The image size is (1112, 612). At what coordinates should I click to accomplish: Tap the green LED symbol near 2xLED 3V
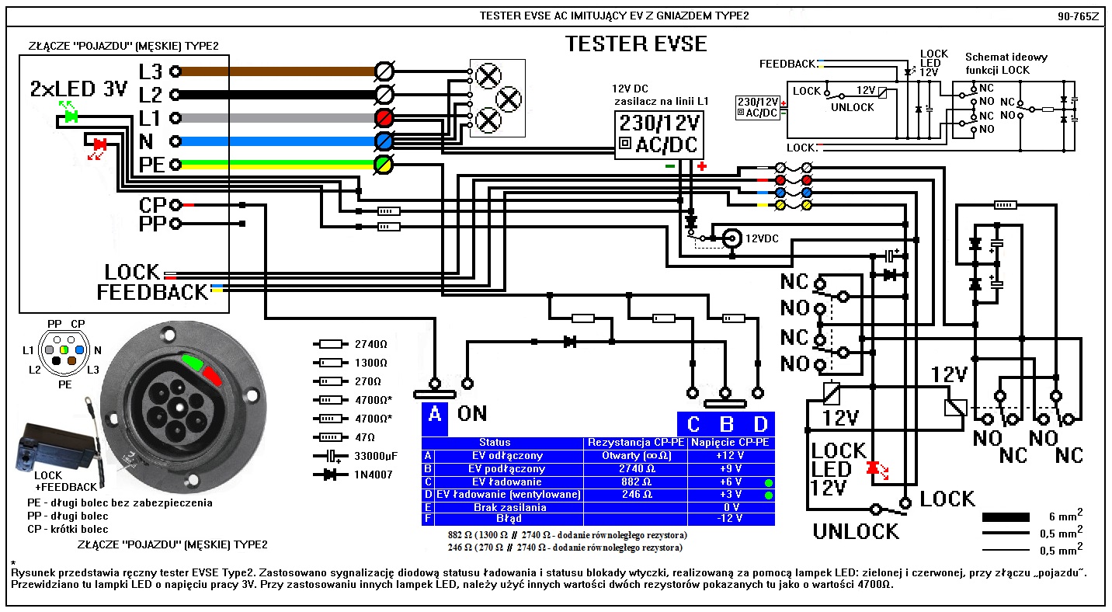(71, 116)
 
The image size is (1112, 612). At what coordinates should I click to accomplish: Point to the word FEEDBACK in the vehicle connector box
(153, 292)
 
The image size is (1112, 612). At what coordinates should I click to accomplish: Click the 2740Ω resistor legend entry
(351, 343)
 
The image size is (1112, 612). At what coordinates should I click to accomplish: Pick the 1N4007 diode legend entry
(351, 475)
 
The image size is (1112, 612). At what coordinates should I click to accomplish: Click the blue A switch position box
(435, 414)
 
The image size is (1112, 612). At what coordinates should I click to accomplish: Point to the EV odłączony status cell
(508, 456)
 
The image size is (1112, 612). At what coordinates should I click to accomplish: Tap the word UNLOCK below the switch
(856, 532)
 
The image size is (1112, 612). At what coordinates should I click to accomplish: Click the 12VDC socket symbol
(731, 238)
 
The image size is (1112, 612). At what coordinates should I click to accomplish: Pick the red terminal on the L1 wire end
(383, 118)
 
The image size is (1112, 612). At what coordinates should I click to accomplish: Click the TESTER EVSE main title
(637, 43)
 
